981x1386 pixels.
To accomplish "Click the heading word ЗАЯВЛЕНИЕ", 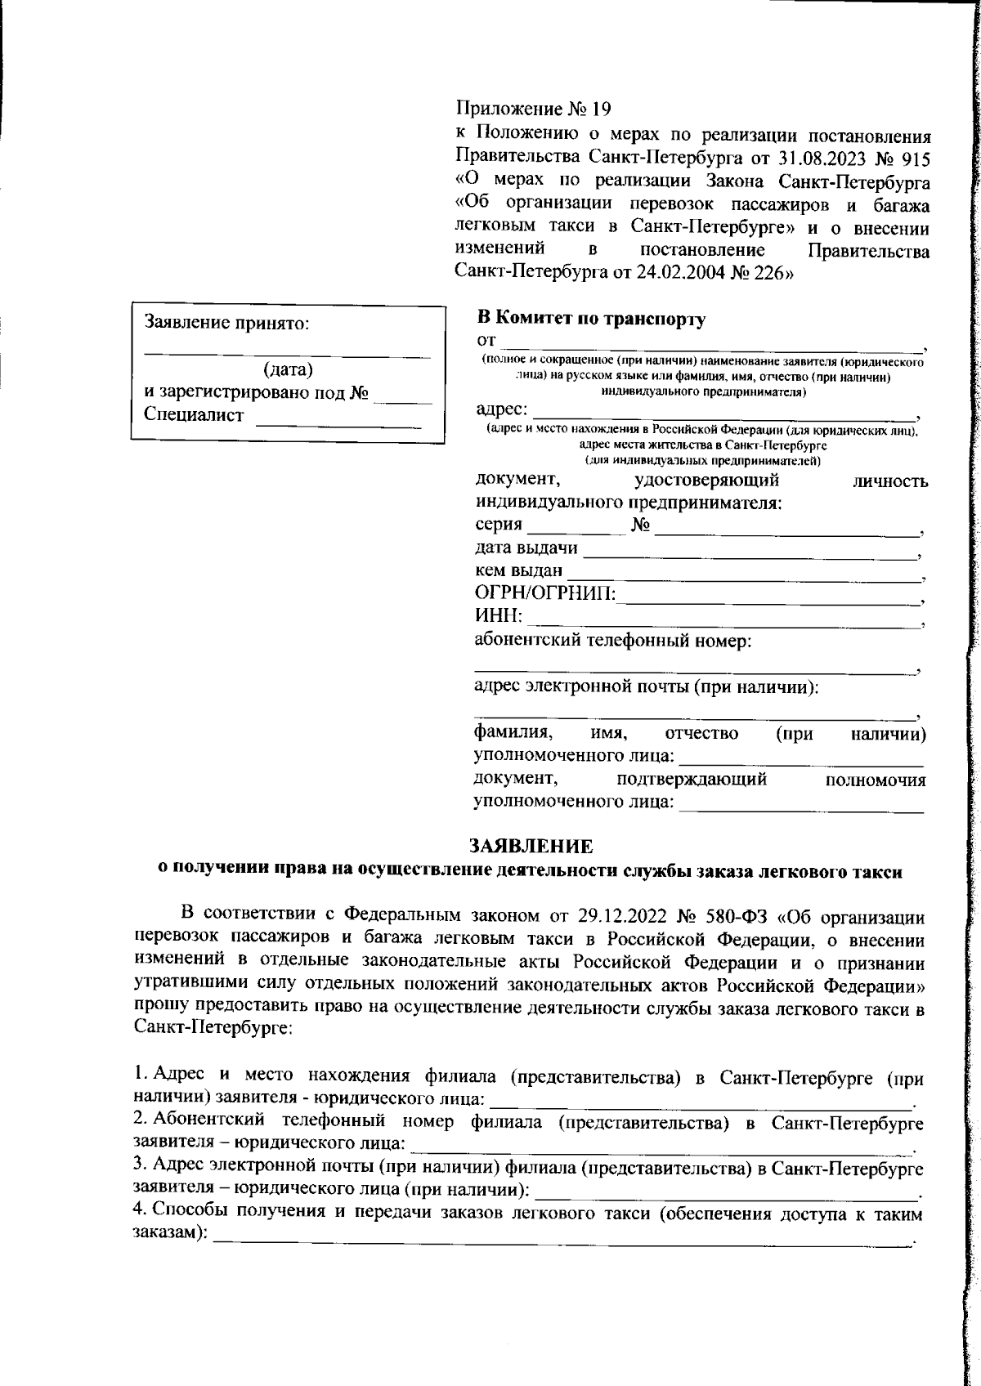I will (530, 846).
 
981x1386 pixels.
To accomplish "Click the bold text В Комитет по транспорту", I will (590, 319).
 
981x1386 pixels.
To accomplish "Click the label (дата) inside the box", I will (288, 369).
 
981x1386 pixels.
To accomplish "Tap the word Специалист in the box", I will (194, 415).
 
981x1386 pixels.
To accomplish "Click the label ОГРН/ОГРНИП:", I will (545, 594).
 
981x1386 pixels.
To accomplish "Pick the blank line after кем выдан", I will (742, 579).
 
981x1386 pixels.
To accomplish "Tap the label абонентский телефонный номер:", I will (613, 641).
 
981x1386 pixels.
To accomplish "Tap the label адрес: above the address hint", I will (501, 409).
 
